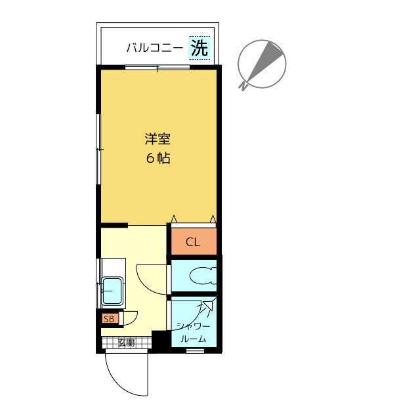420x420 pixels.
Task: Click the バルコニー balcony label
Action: (155, 48)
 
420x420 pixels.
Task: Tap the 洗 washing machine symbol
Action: (199, 48)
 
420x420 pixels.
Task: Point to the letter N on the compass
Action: (243, 86)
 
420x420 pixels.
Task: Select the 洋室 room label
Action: (157, 139)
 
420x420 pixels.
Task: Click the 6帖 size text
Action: (158, 158)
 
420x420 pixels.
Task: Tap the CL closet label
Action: (193, 242)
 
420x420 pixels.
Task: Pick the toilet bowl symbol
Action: (203, 276)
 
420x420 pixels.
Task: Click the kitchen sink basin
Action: (112, 291)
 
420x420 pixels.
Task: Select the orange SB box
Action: (110, 319)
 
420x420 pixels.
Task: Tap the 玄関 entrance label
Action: (126, 343)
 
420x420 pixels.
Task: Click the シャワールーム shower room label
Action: (194, 333)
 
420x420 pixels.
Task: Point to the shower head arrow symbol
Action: (207, 306)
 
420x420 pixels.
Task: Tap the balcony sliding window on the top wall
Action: (157, 67)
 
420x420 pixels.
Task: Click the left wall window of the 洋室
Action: (98, 149)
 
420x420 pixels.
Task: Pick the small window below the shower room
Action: (196, 350)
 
